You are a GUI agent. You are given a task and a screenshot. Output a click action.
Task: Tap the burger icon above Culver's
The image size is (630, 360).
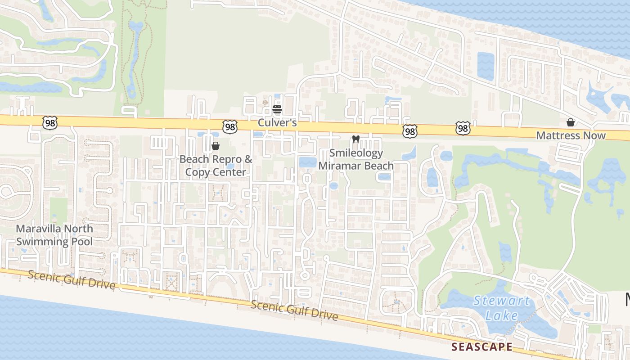pyautogui.click(x=277, y=109)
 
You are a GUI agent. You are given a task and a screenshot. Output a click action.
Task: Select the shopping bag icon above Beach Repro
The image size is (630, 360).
pyautogui.click(x=216, y=146)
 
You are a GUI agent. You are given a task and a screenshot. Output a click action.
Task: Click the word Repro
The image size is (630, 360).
pyautogui.click(x=228, y=159)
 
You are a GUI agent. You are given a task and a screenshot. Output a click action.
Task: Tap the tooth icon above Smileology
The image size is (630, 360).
pyautogui.click(x=356, y=139)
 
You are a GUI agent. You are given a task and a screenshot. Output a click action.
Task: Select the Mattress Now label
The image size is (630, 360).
pyautogui.click(x=571, y=135)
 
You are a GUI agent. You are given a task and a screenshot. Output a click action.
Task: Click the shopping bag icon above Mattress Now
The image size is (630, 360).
pyautogui.click(x=571, y=122)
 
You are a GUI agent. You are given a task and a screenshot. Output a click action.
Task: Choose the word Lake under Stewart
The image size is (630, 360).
pyautogui.click(x=502, y=315)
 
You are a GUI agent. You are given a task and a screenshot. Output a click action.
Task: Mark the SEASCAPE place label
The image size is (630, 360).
pyautogui.click(x=482, y=347)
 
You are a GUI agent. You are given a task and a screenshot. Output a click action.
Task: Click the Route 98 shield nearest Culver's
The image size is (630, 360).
pyautogui.click(x=230, y=127)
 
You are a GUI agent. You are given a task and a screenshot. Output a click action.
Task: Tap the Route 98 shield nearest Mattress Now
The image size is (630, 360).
pyautogui.click(x=463, y=129)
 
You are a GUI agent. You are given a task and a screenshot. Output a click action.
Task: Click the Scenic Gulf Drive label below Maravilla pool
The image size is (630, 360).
pyautogui.click(x=72, y=280)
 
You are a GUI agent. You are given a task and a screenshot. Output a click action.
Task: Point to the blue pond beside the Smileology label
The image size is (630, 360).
pyautogui.click(x=308, y=162)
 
